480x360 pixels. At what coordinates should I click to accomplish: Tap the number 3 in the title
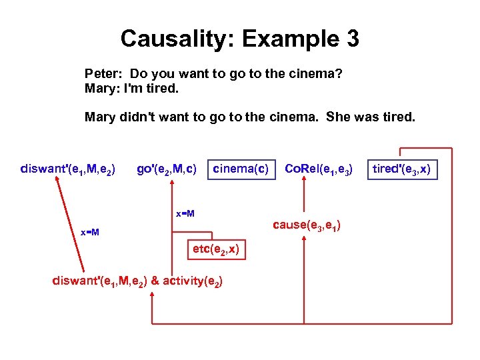tap(351, 39)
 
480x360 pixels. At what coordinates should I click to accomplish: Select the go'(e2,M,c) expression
tap(166, 170)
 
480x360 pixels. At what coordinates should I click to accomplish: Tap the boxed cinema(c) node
tap(241, 170)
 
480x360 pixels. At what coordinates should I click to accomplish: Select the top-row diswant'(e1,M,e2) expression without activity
tap(68, 170)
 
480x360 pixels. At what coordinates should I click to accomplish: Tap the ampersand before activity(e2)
tap(155, 281)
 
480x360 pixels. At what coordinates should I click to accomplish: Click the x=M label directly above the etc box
tap(185, 214)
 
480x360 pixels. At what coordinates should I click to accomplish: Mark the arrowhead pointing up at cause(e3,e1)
tap(304, 239)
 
